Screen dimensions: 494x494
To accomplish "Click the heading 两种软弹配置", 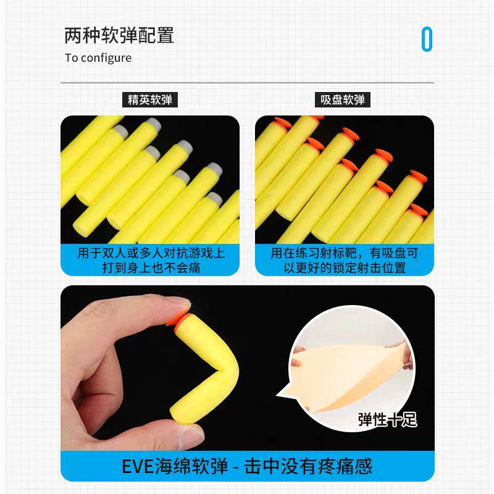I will pos(119,35).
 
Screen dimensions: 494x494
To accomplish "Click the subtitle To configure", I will pos(98,58).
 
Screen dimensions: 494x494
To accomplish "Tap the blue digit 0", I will pos(427,40).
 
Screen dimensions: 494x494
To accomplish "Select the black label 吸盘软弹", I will pos(343,99).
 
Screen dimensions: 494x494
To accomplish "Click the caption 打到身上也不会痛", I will pos(151,268).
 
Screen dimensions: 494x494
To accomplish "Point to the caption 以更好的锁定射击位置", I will pos(345,268).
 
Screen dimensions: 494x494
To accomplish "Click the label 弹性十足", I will pos(387,420).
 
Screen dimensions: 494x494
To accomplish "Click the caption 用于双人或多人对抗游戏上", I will pos(151,253).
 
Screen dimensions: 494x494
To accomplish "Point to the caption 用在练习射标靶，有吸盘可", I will pos(345,253).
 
